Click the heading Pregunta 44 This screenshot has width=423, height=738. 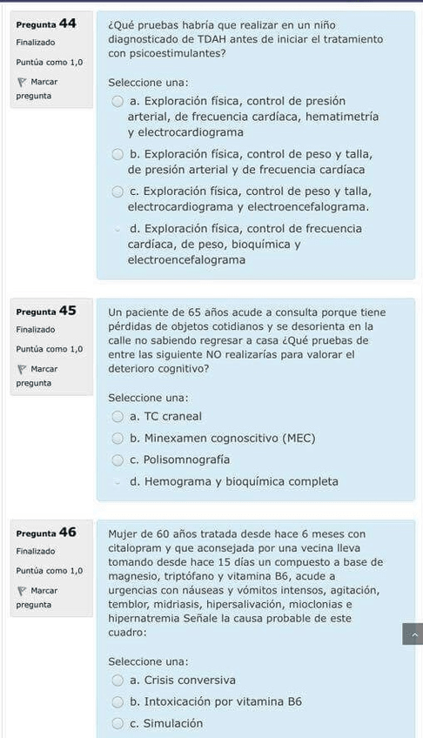46,23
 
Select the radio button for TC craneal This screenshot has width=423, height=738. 117,416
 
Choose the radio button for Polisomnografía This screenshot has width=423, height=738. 117,460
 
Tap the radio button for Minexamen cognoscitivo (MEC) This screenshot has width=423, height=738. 117,438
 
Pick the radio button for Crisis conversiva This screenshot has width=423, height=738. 117,680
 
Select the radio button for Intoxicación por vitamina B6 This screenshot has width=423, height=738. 117,701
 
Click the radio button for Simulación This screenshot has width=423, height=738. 117,723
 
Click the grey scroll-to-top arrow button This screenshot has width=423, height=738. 412,634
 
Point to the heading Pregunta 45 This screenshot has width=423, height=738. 46,311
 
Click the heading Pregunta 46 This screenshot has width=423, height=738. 46,532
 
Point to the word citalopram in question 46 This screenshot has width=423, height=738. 135,548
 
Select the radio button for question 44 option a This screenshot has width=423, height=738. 117,101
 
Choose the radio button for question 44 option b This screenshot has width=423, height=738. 117,154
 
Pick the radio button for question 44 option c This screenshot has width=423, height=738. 117,191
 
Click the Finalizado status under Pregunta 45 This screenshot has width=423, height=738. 36,330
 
